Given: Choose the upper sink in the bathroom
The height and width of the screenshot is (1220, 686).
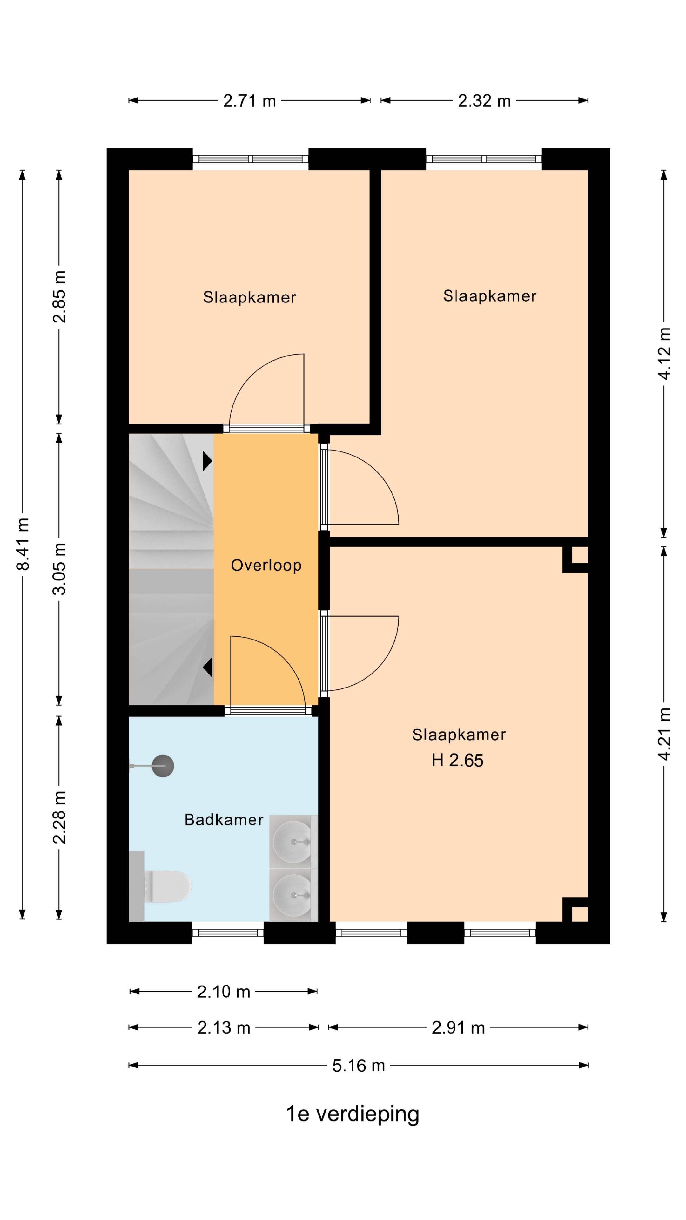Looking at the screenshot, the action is tap(293, 842).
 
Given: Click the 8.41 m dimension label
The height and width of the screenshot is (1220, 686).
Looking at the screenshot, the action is tap(23, 544).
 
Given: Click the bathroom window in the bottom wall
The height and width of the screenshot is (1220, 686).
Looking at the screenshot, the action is tap(228, 932).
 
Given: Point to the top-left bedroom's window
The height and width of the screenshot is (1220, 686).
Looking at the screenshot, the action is tap(251, 159).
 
